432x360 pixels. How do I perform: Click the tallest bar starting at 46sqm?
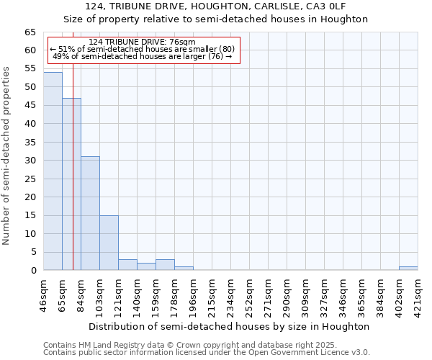tap(53, 171)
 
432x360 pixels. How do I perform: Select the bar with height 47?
tap(71, 184)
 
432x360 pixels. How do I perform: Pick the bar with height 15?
tap(109, 243)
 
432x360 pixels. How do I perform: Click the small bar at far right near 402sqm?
tap(408, 269)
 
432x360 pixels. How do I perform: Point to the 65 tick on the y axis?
tap(30, 32)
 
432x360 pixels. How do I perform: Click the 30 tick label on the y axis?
tap(30, 161)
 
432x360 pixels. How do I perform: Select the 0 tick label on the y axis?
tap(32, 271)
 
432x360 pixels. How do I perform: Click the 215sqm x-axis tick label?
tap(212, 295)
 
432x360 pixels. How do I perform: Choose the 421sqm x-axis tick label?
tap(418, 295)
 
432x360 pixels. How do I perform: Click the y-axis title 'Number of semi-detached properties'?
tap(6, 156)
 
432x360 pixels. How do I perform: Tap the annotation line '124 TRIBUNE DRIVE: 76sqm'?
tap(142, 42)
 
